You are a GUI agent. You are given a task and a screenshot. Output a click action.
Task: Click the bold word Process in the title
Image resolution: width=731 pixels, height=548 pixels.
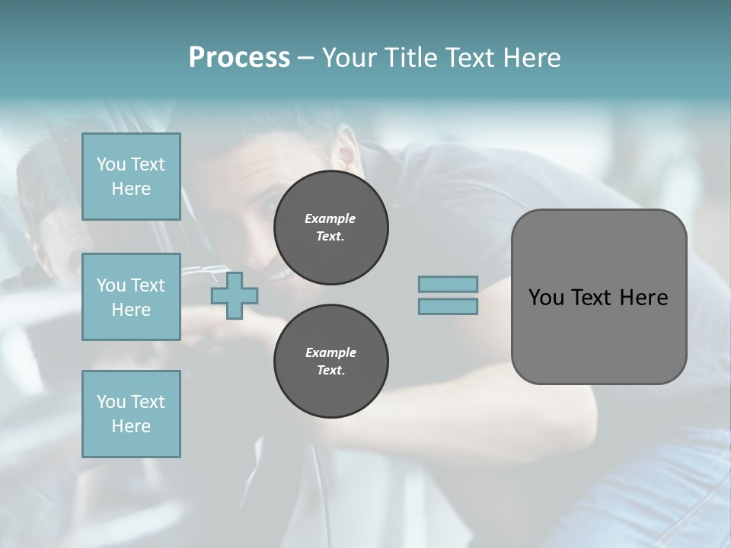tap(239, 57)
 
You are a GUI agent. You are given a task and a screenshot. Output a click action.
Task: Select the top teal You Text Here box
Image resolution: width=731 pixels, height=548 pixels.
tap(131, 177)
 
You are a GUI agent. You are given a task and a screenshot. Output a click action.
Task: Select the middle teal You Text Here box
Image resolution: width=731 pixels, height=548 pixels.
tap(131, 297)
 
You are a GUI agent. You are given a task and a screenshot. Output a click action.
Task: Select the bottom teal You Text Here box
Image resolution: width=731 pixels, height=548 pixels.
tap(131, 414)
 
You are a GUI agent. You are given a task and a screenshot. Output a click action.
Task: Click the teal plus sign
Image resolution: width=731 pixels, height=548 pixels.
tap(235, 295)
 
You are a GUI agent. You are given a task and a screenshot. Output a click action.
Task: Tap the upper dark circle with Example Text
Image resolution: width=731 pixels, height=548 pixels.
tap(330, 228)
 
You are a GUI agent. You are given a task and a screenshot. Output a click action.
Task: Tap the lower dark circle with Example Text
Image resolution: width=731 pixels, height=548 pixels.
tap(330, 362)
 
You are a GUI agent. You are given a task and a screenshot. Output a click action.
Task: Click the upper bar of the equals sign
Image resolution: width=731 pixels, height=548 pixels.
tap(448, 284)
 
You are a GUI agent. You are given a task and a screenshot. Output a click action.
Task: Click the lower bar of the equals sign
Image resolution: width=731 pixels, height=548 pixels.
tap(448, 306)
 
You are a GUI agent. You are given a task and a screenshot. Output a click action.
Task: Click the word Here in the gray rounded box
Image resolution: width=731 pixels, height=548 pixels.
tap(644, 298)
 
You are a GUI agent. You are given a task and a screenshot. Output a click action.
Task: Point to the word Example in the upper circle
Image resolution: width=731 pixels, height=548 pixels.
tap(330, 218)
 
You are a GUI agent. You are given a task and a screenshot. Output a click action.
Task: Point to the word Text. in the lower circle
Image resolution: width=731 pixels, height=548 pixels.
tap(330, 371)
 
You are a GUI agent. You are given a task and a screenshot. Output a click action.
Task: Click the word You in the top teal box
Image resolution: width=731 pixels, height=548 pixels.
tap(111, 164)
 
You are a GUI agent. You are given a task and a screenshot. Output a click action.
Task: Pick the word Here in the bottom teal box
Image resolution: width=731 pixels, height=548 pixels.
tap(131, 426)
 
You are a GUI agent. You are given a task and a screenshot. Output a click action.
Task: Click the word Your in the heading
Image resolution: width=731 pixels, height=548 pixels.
tap(350, 57)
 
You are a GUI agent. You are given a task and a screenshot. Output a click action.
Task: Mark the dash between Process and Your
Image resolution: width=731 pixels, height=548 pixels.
tap(305, 59)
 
